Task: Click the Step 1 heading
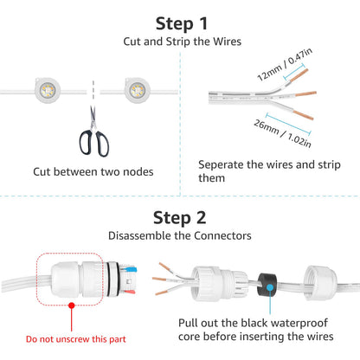point(179,23)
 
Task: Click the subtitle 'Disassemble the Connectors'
point(179,235)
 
